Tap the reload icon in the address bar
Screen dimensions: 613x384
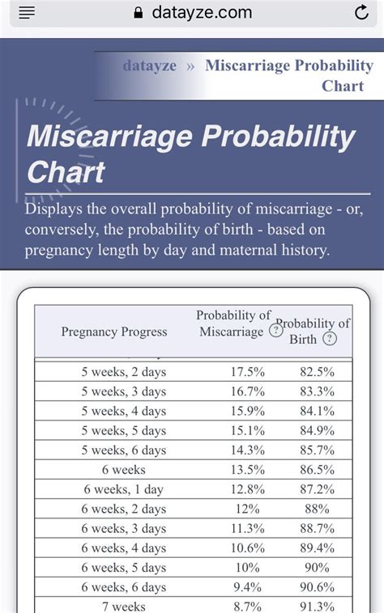click(x=361, y=13)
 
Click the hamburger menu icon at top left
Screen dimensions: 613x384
click(x=27, y=13)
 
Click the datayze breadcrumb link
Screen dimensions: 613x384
click(x=150, y=66)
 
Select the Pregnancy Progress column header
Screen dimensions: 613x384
click(x=114, y=332)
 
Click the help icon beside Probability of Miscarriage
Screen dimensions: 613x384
click(x=276, y=331)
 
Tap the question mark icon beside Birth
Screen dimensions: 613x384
click(x=329, y=339)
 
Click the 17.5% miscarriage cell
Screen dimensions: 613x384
click(x=247, y=371)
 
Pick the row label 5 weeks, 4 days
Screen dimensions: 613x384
click(x=123, y=411)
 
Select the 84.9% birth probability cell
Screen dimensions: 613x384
click(x=316, y=430)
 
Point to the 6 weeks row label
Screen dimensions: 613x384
click(x=123, y=469)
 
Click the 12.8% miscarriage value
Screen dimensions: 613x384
click(x=247, y=489)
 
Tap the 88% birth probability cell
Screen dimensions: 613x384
click(x=316, y=509)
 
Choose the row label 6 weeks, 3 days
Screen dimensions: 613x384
click(x=123, y=528)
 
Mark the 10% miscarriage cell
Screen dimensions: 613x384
click(x=247, y=568)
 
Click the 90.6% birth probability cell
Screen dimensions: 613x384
click(x=316, y=587)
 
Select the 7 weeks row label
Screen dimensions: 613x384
click(x=123, y=606)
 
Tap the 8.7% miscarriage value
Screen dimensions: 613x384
click(x=247, y=606)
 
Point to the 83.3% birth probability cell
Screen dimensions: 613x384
click(x=316, y=391)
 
